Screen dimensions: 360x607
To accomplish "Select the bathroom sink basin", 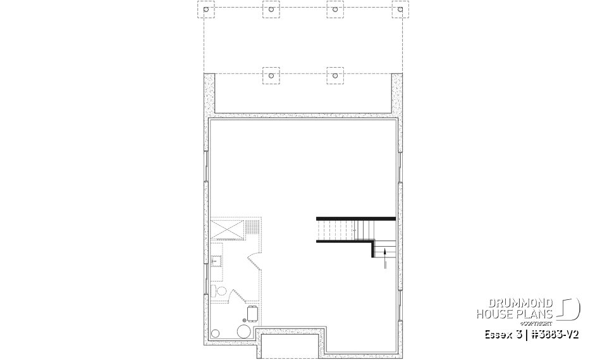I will pos(215,260).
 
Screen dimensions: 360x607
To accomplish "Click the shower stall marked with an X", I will pos(226,228).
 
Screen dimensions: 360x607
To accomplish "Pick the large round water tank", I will pos(243,331).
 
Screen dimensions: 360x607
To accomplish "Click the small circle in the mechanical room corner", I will pos(216,333).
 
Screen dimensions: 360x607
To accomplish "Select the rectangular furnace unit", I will pos(253,313).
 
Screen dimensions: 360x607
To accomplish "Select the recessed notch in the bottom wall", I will pos(291,345).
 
